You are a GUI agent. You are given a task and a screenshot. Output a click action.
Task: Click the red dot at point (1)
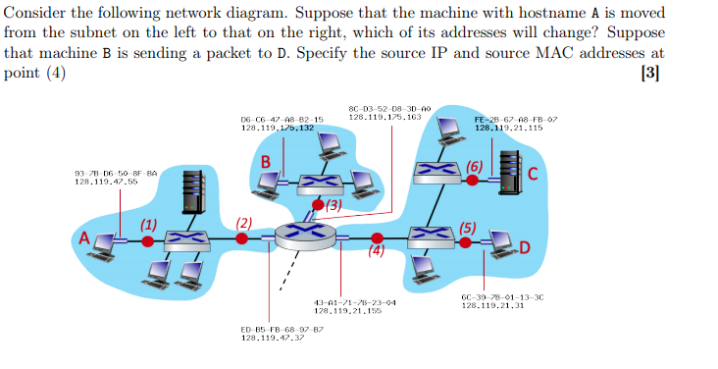[x=147, y=238]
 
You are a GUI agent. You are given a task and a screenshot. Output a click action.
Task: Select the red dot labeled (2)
[x=241, y=237]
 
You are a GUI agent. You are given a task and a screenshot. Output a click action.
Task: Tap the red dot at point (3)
[x=315, y=206]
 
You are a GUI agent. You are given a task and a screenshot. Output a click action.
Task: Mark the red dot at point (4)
[x=378, y=237]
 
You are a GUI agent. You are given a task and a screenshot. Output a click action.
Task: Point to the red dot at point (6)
[x=472, y=180]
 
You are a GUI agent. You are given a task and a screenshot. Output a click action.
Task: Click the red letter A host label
[x=84, y=238]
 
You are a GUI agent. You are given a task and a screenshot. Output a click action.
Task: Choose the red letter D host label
[x=525, y=246]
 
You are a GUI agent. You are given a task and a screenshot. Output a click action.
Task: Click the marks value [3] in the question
[x=649, y=73]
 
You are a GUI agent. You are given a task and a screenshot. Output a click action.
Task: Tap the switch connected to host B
[x=317, y=183]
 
